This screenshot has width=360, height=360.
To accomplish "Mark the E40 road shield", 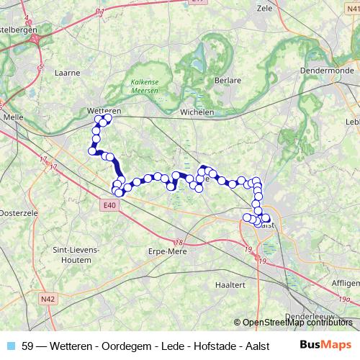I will click(x=108, y=205).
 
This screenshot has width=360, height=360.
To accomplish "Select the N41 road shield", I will click(x=351, y=6).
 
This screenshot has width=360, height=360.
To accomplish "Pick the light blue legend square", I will click(x=11, y=346).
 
